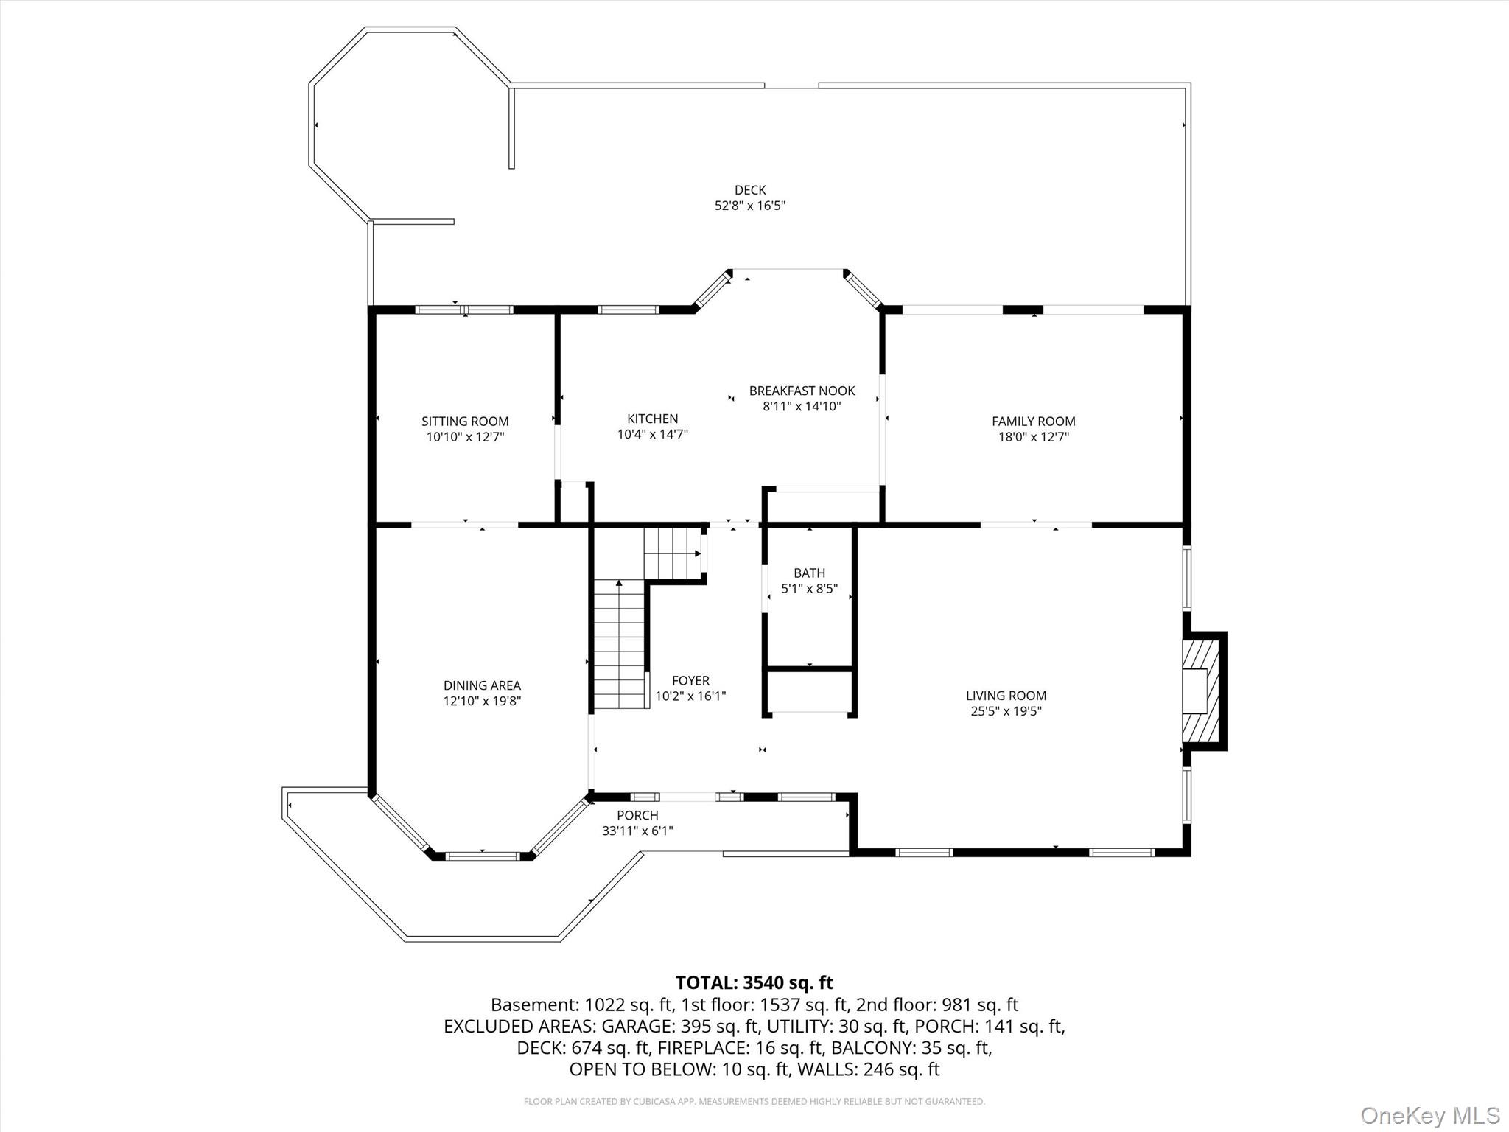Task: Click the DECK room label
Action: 749,190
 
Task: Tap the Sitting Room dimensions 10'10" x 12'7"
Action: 465,437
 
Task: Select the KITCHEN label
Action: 652,419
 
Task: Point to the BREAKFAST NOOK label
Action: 802,391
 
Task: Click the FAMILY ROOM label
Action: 1033,422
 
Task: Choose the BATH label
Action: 809,573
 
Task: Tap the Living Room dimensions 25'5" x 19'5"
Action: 1006,711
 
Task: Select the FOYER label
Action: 690,680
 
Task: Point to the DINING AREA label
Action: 482,685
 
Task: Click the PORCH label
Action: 637,815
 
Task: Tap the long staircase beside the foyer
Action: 619,645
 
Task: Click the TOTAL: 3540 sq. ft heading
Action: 754,982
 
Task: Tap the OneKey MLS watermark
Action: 1429,1115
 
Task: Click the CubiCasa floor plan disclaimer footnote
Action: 754,1102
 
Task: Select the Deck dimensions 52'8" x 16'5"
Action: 749,206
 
